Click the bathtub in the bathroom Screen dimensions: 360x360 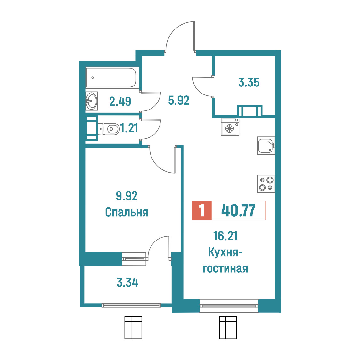tap(111, 78)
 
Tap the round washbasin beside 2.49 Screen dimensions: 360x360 tap(92, 101)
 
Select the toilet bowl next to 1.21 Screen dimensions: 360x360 tap(109, 129)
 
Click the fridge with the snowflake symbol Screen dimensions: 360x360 tap(230, 127)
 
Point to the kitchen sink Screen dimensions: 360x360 tap(266, 146)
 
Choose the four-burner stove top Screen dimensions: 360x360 tap(266, 184)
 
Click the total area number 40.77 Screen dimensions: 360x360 tap(238, 210)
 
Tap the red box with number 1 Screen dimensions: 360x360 tap(202, 210)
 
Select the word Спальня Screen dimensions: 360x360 tap(127, 212)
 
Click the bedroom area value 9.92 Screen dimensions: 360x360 tap(127, 196)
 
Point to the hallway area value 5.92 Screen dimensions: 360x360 tap(179, 101)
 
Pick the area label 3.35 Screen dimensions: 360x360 tap(249, 82)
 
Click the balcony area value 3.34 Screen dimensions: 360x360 tap(127, 282)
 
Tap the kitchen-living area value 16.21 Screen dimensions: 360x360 tap(225, 236)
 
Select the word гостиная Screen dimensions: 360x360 tap(225, 269)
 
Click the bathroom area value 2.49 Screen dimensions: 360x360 tap(120, 102)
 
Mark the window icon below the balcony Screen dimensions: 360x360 tap(133, 327)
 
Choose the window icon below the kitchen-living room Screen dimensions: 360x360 tap(228, 327)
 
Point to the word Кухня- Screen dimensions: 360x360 tap(225, 253)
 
